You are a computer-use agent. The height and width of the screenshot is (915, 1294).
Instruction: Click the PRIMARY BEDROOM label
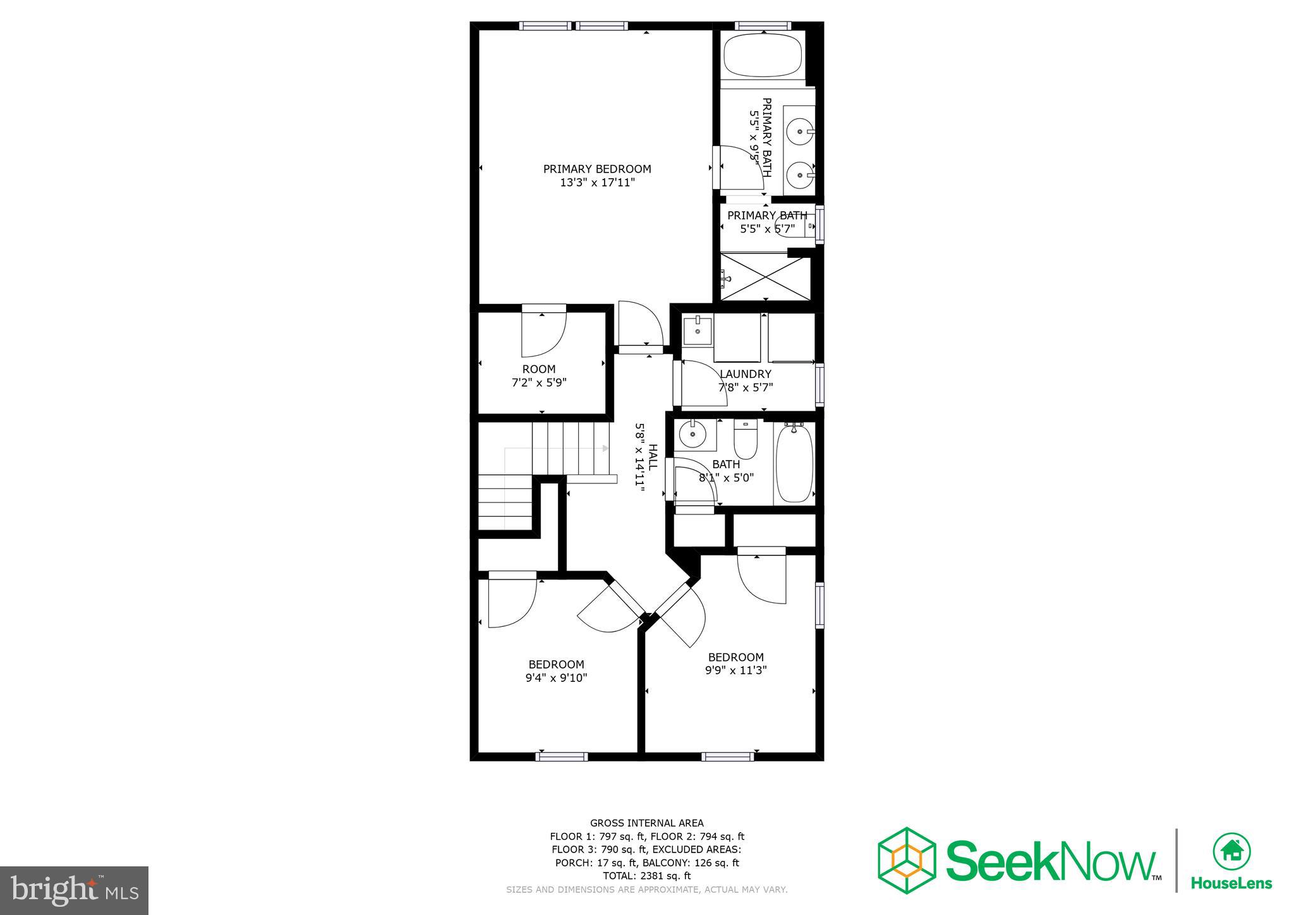point(597,169)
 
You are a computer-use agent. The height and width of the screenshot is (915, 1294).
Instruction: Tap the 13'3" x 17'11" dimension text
point(597,183)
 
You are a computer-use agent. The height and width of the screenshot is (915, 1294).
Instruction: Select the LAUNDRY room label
point(745,374)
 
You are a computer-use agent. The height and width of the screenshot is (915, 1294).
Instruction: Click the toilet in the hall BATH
point(746,440)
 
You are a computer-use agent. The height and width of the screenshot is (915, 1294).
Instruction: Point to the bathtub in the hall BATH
point(794,463)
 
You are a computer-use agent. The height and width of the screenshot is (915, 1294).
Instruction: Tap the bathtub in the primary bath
point(762,55)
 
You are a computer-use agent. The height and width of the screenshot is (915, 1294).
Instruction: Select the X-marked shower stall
point(766,277)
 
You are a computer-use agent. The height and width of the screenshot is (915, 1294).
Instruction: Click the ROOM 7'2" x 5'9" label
point(539,375)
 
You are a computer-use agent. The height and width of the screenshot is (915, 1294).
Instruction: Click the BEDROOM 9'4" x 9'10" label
point(556,670)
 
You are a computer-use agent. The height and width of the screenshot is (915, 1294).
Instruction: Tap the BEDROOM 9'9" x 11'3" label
point(735,664)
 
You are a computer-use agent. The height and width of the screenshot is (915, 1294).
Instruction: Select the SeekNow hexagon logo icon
point(907,860)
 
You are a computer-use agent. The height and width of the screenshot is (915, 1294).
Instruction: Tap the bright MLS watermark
point(74,890)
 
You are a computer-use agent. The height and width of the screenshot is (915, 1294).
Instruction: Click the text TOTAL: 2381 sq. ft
point(646,876)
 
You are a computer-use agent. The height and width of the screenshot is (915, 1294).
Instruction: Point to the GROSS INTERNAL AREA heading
point(646,823)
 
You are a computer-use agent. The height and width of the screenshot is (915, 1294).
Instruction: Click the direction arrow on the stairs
point(605,448)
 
